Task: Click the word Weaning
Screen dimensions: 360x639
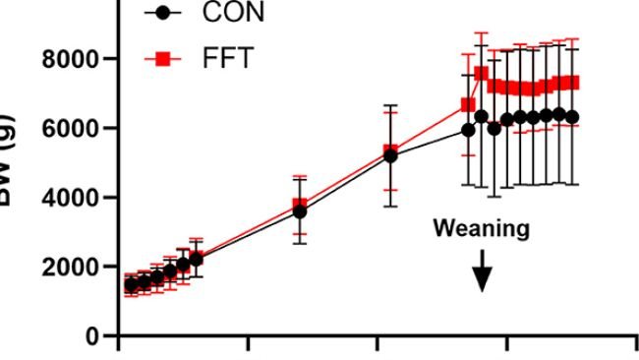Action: coord(481,229)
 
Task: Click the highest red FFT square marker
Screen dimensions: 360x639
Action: coord(482,74)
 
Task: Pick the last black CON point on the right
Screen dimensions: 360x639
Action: coord(572,116)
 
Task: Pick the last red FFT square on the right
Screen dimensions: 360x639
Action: coord(572,83)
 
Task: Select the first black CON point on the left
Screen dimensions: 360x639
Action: coord(131,285)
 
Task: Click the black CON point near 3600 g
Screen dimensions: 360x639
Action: coord(300,211)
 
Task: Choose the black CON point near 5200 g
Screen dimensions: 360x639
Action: coord(390,155)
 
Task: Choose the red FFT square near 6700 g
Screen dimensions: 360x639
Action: coord(468,104)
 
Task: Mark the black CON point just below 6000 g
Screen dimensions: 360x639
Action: coord(468,130)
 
